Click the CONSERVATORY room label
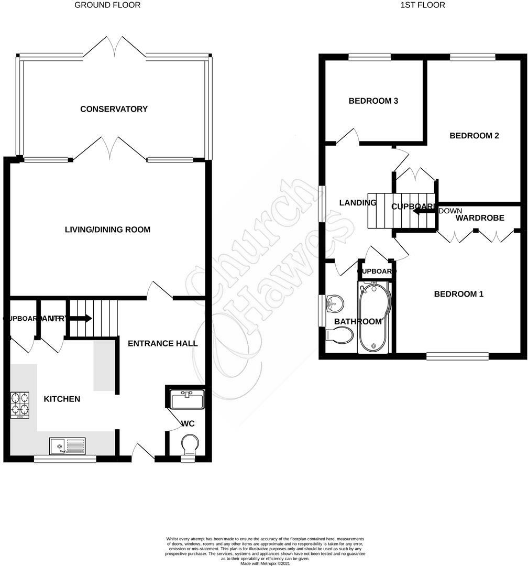click(x=114, y=109)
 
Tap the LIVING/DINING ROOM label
click(x=107, y=230)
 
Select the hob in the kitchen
click(x=19, y=405)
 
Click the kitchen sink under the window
click(x=68, y=446)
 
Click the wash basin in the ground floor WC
click(x=187, y=400)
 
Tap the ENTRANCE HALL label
click(x=163, y=343)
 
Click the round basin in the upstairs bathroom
click(x=333, y=303)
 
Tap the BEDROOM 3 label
click(x=373, y=101)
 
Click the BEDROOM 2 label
click(x=474, y=136)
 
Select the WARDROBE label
click(x=480, y=217)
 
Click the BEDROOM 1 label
click(x=458, y=294)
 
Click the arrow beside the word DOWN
click(x=423, y=211)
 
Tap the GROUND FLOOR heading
click(x=107, y=5)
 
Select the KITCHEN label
click(x=62, y=399)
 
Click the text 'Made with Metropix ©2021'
click(x=265, y=564)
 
